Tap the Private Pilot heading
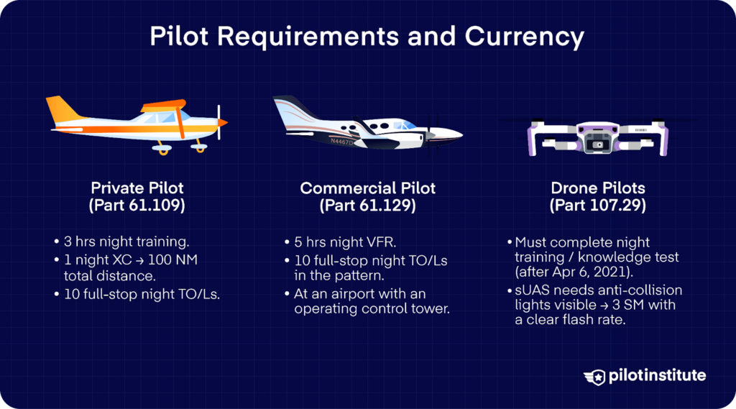pos(137,188)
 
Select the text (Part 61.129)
pos(367,206)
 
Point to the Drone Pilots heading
pos(598,188)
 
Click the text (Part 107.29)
pos(598,206)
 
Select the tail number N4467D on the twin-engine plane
pos(341,142)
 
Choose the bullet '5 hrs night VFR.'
pos(341,242)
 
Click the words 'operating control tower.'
pos(370,310)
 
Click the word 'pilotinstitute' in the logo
pos(656,376)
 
